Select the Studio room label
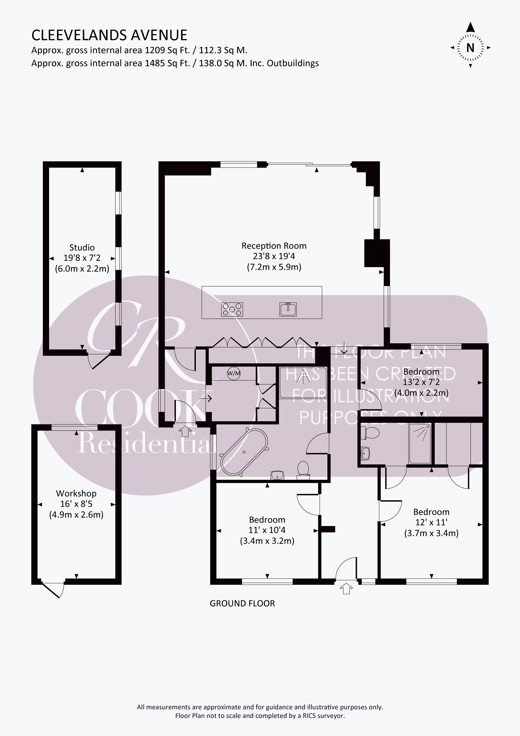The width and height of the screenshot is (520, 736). click(82, 247)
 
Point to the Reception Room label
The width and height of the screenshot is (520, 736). click(274, 246)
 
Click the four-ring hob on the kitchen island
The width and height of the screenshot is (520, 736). click(232, 309)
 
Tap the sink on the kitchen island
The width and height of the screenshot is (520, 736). click(288, 309)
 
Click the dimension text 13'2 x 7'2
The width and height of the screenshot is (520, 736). click(421, 382)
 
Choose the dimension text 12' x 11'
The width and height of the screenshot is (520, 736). click(431, 523)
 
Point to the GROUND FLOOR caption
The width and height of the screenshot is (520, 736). click(242, 604)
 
